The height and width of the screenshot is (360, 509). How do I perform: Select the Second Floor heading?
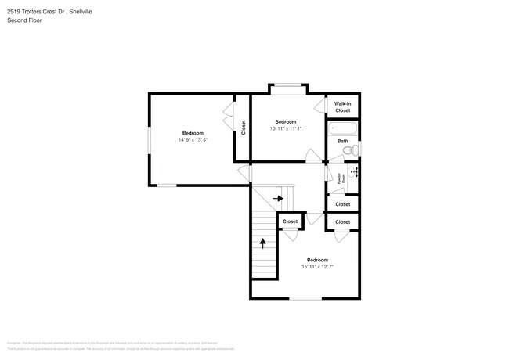[x=24, y=20]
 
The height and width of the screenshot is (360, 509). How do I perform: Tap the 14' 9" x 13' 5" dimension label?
[x=193, y=140]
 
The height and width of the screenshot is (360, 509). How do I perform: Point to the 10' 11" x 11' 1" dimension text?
[x=286, y=129]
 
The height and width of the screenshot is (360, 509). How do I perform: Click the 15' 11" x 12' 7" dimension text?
[x=317, y=267]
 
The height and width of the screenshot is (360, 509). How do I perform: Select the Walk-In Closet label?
[x=343, y=107]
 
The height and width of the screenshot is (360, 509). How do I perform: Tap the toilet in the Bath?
[x=352, y=149]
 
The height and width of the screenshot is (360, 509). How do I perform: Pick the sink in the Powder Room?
[x=353, y=171]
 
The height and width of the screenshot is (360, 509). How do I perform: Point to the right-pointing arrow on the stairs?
[x=279, y=199]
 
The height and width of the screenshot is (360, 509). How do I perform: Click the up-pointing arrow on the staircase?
[x=262, y=243]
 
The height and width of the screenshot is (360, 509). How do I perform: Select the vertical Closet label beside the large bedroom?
[x=244, y=127]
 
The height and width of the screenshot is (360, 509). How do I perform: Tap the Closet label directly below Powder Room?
[x=343, y=204]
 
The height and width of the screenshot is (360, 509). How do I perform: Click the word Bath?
[x=343, y=141]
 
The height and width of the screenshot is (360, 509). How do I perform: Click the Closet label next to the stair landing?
[x=290, y=221]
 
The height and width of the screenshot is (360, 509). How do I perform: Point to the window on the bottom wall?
[x=305, y=298]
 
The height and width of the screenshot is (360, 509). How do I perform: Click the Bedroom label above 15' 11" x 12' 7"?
[x=317, y=260]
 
